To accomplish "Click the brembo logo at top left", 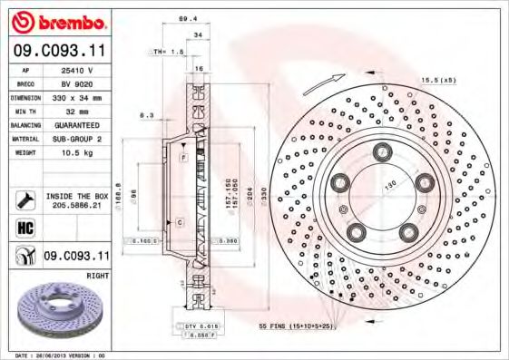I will click(57, 20).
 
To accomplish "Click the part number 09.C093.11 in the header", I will click(57, 52).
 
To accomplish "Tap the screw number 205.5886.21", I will click(77, 206).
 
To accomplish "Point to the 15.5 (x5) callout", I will click(437, 82).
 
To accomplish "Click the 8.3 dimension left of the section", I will click(145, 115).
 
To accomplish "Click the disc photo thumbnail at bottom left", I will click(56, 313).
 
